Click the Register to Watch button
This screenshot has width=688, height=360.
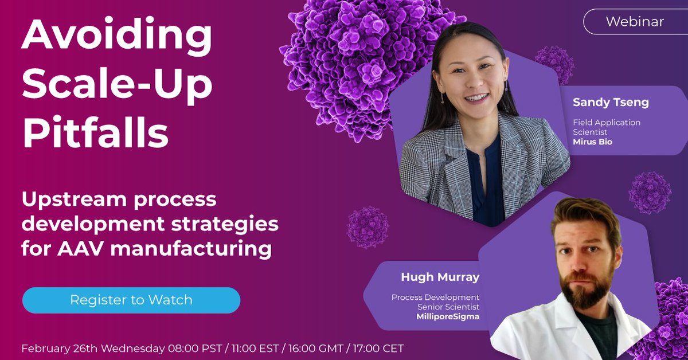131,300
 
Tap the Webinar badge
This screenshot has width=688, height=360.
635,22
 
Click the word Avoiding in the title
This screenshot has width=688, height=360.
117,35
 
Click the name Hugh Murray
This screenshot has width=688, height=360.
440,278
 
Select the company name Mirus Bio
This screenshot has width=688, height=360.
593,141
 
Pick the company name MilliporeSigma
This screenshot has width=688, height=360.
448,316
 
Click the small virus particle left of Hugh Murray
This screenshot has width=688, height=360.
368,227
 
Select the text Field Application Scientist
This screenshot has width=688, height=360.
607,127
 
